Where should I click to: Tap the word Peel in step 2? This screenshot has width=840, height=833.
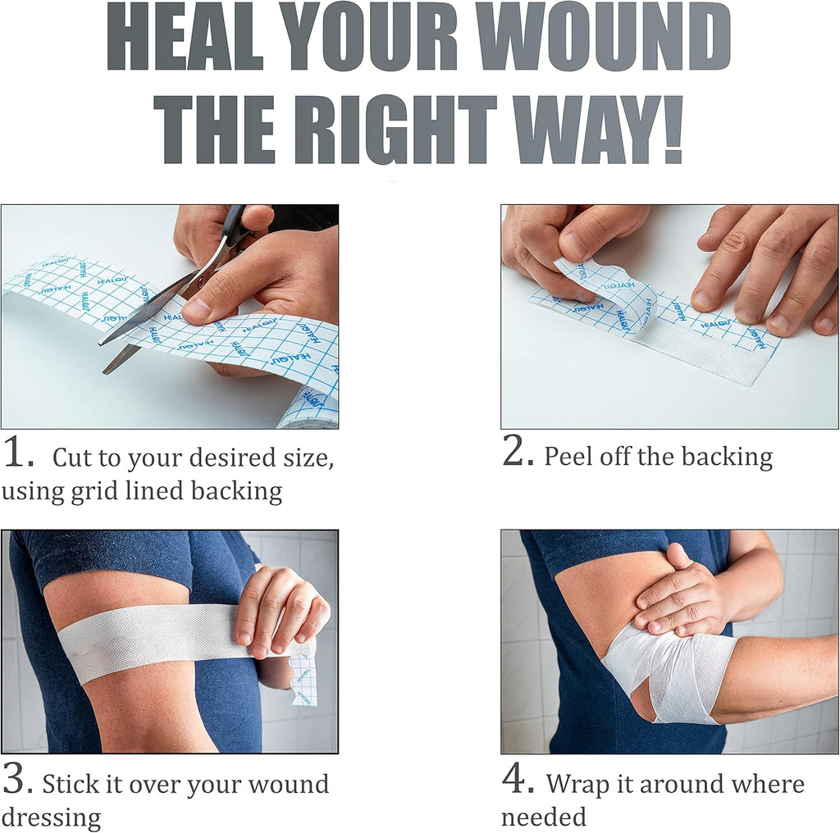point(569,457)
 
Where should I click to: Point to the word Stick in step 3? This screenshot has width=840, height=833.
point(71,785)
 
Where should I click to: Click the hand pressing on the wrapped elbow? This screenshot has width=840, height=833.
point(683,594)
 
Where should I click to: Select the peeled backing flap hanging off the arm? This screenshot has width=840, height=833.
point(303,675)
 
